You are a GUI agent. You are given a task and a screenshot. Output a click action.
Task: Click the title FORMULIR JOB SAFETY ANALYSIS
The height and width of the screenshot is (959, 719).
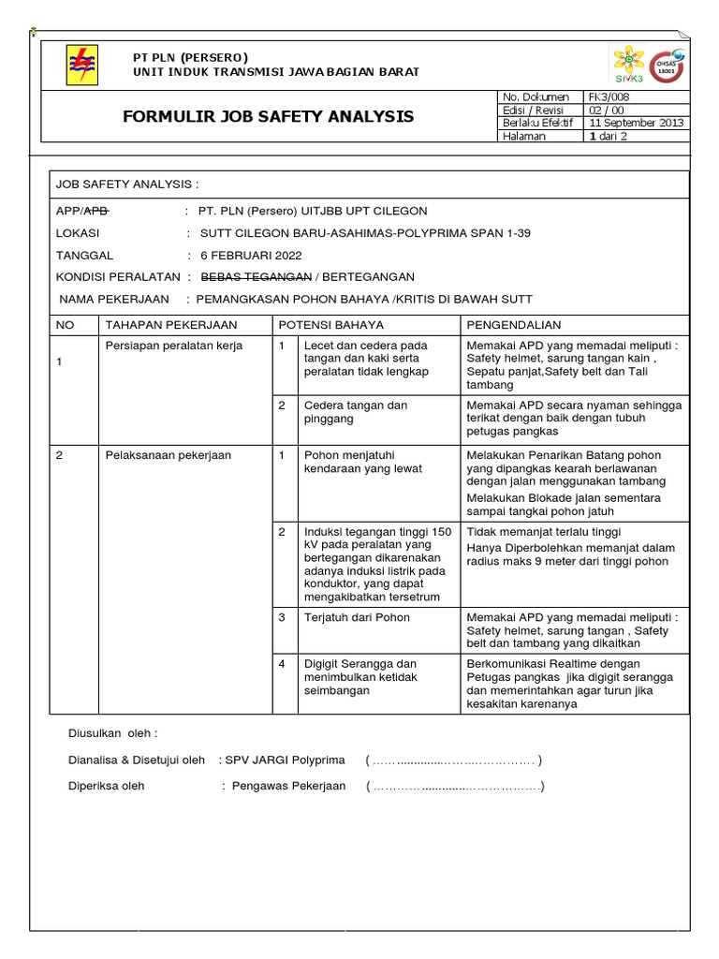pos(269,117)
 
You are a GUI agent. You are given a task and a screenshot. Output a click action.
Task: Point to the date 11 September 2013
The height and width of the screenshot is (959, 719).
pos(637,123)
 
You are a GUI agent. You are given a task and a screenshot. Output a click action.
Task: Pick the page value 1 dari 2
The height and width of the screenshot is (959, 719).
pos(609,136)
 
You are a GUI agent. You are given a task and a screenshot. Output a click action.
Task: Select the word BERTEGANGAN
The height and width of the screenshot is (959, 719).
pos(368,277)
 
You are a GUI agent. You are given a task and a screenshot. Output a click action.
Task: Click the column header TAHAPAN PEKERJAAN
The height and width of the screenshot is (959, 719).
pos(171,325)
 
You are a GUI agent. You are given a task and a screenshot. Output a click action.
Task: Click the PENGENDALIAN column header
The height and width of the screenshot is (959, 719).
pos(513,325)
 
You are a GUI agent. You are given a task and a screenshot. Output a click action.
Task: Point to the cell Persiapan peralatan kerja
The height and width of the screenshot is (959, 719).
pos(174,346)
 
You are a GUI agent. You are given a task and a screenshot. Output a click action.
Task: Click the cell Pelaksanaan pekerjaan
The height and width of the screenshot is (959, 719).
pos(169,455)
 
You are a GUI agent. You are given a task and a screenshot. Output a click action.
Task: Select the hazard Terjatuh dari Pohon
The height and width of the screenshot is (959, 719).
pos(357,618)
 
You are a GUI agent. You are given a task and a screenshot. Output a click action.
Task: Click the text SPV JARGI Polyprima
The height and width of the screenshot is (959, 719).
pos(285,760)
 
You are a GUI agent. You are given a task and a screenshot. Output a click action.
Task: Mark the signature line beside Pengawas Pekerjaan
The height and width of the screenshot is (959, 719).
pos(455,786)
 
